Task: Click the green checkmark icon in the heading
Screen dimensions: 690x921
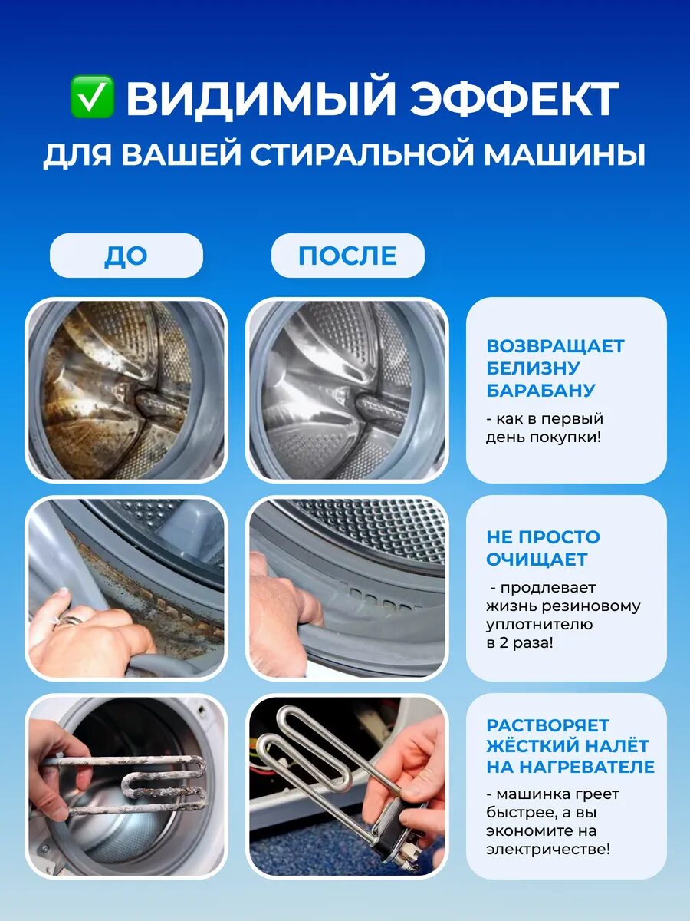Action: click(92, 97)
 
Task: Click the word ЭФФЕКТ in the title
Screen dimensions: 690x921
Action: click(514, 97)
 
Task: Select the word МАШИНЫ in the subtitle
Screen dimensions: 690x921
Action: click(564, 155)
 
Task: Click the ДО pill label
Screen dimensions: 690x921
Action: click(126, 256)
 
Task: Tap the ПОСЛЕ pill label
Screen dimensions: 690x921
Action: click(348, 256)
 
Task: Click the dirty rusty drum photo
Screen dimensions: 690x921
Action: click(126, 390)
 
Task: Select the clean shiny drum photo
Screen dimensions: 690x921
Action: click(347, 390)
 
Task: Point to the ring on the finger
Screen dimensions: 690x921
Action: click(70, 619)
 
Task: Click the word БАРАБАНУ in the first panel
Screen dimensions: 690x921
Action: click(540, 390)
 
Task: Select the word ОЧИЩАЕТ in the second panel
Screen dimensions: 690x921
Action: click(537, 560)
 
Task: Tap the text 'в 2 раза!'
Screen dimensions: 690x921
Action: click(520, 643)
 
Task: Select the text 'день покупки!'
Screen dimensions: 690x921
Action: click(544, 437)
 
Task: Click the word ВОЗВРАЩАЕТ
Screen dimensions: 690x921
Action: click(556, 346)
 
